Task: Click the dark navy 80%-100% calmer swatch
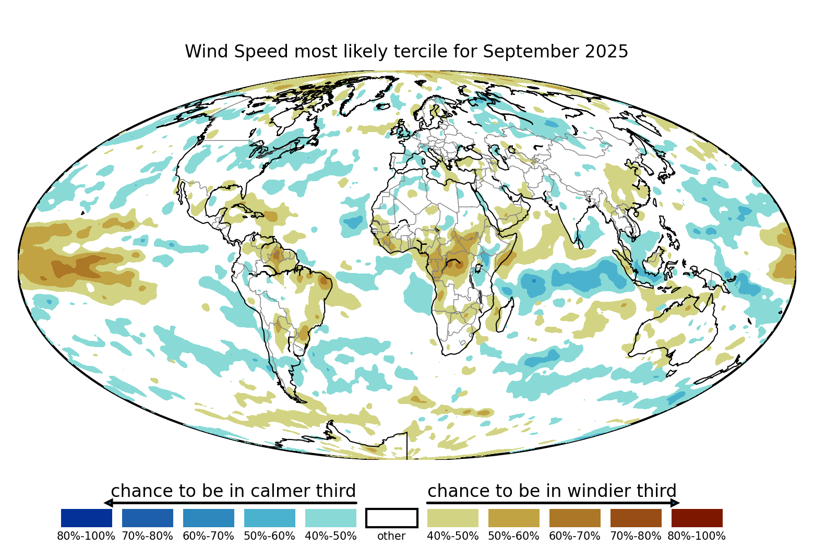(86, 518)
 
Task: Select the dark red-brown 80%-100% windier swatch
(697, 518)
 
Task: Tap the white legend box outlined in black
(391, 518)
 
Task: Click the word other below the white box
(391, 536)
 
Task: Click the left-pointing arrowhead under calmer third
(109, 503)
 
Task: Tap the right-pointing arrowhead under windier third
(675, 503)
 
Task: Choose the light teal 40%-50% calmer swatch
(330, 518)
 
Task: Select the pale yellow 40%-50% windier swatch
(452, 518)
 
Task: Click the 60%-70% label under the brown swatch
(574, 536)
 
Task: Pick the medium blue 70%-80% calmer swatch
(147, 518)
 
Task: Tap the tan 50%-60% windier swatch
(513, 518)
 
